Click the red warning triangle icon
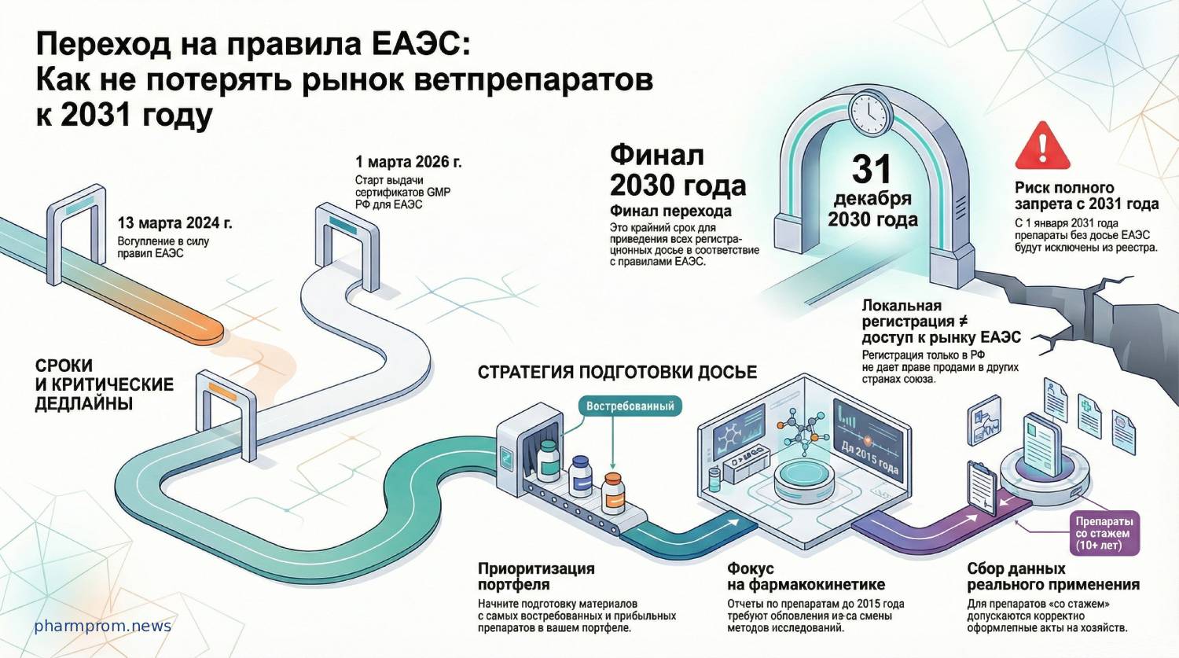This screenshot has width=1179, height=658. coord(1042,148)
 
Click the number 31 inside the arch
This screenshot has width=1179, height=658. coord(872,169)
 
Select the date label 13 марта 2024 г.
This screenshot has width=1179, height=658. coord(174,223)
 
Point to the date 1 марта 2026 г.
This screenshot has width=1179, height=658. coord(408,162)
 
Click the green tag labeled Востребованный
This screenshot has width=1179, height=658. coord(630,406)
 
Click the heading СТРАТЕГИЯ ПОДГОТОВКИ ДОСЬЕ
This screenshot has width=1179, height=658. coord(617,372)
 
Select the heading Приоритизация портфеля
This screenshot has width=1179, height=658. coord(536,576)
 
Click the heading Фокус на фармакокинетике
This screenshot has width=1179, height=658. coord(805,576)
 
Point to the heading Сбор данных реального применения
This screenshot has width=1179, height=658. coord(1052,576)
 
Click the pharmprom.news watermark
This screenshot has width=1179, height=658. coord(103,626)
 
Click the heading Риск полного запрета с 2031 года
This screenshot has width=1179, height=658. coord(1085,196)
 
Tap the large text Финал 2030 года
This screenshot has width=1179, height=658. coord(677,170)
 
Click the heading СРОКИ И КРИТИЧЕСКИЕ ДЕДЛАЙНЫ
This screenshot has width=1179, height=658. coord(104,384)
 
